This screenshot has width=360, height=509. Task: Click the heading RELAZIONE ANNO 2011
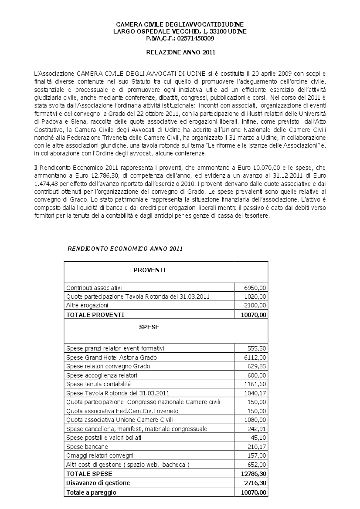pos(180,53)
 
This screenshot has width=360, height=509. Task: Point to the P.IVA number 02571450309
pos(195,38)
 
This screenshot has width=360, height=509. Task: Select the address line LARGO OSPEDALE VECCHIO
pos(180,31)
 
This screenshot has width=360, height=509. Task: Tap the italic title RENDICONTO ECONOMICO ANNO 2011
pos(125,249)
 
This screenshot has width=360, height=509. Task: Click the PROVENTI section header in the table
pos(149,270)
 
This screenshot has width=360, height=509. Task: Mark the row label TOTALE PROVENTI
pos(95,315)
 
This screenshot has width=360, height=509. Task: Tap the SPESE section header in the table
pos(149,327)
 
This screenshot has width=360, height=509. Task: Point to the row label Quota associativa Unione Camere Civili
pos(119,420)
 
